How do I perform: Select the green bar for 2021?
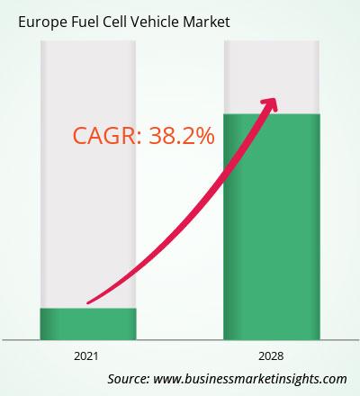tap(88, 324)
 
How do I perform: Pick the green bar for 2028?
tap(272, 227)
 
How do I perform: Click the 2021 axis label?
tap(86, 356)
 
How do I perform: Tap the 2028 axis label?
tap(271, 356)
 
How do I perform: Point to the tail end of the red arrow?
tap(87, 302)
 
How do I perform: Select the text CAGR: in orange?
tap(107, 136)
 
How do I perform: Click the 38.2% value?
tap(182, 136)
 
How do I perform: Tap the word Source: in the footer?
tap(129, 379)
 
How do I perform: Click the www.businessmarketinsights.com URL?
tap(250, 379)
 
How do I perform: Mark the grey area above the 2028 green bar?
tap(272, 77)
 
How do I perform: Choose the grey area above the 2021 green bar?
tap(88, 174)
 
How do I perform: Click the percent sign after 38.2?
tap(204, 136)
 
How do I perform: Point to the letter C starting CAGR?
tap(80, 136)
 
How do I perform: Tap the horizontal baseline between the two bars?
tap(180, 340)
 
